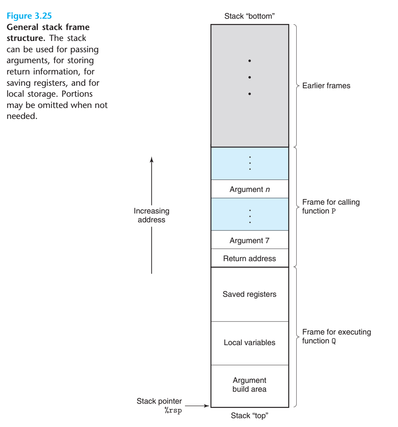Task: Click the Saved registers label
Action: pos(249,294)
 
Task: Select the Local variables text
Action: pos(249,343)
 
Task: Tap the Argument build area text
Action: pos(249,385)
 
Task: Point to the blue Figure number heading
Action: pos(29,16)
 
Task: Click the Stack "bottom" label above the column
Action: pos(249,16)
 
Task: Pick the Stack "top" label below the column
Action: pos(249,416)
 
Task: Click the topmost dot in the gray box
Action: pos(249,61)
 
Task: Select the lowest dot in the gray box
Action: pos(249,94)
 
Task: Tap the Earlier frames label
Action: pos(326,86)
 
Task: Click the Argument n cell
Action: pos(249,190)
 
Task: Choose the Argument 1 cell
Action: pos(249,241)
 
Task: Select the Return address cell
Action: pos(249,259)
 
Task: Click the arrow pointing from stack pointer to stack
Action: pos(198,406)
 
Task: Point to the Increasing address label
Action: pos(152,216)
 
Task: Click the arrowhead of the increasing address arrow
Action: pos(152,160)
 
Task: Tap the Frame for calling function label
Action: pos(331,206)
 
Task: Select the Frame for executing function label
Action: pos(336,336)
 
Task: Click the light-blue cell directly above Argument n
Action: pos(249,163)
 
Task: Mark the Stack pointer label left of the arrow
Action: pos(160,405)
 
